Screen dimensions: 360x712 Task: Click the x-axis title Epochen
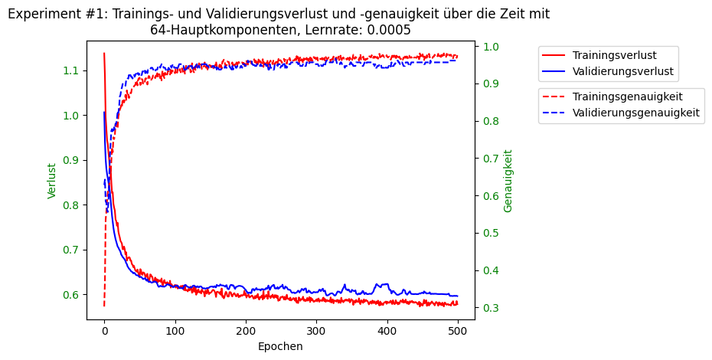coord(280,346)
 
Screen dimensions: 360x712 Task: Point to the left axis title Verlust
coord(52,181)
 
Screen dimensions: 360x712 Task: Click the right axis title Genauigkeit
coord(508,181)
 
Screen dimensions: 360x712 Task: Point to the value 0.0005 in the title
coord(386,31)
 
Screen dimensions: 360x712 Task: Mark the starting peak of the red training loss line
coord(104,53)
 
